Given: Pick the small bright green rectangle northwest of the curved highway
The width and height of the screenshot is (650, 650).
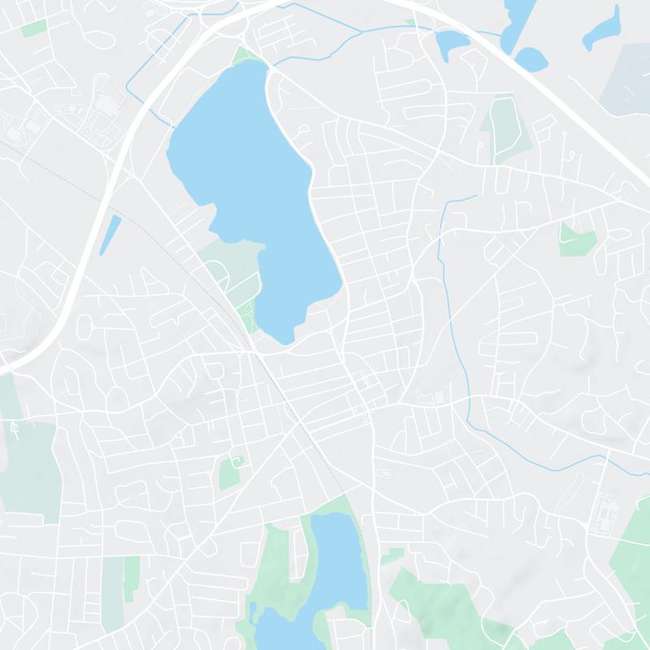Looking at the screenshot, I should click(x=34, y=28).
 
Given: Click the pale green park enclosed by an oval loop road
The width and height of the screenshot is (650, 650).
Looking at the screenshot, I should click(x=503, y=126).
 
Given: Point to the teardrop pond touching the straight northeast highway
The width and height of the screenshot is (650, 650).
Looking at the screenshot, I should click(x=532, y=58).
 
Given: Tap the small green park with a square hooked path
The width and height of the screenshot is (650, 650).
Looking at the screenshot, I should click(x=231, y=471).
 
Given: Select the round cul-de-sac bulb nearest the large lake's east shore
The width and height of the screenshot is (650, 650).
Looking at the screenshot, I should click(x=303, y=130).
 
